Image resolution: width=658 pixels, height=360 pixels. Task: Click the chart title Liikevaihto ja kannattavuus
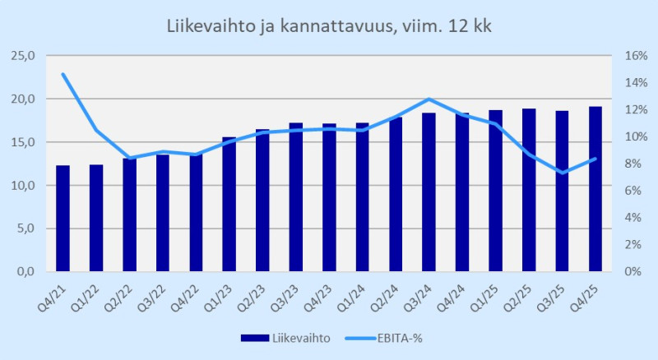(329, 27)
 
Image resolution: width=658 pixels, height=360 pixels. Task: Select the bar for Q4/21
(63, 219)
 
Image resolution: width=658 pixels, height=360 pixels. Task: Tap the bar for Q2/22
(130, 215)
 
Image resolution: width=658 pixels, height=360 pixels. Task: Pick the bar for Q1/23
(229, 205)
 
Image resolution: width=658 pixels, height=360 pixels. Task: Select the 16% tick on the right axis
(626, 56)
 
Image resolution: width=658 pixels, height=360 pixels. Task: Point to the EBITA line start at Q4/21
(63, 74)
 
